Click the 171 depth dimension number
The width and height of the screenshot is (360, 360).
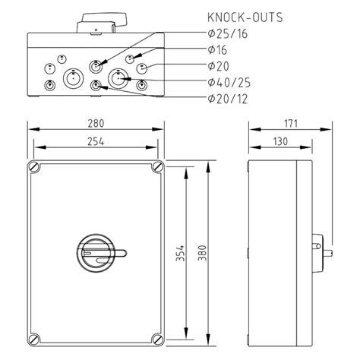289,123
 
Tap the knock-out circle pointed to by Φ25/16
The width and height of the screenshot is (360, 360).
96,65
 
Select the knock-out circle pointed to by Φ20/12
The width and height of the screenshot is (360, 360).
96,87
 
